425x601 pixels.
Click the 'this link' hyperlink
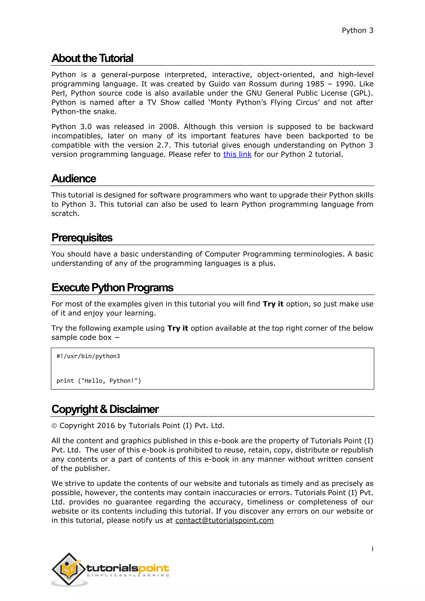pyautogui.click(x=237, y=154)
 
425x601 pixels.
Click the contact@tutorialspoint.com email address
pyautogui.click(x=224, y=520)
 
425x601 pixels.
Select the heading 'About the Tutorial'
pyautogui.click(x=92, y=58)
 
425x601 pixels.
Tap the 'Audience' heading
pyautogui.click(x=74, y=178)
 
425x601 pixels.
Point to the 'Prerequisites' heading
pyautogui.click(x=82, y=238)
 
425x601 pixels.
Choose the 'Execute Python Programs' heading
pyautogui.click(x=112, y=287)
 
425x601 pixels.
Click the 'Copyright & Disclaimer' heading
pyautogui.click(x=105, y=409)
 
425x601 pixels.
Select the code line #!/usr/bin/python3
pyautogui.click(x=88, y=356)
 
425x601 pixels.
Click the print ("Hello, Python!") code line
pyautogui.click(x=99, y=381)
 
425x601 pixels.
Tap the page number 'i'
pyautogui.click(x=372, y=549)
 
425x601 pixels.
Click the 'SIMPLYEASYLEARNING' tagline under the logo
pyautogui.click(x=128, y=575)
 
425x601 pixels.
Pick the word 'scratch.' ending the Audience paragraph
pyautogui.click(x=65, y=214)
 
